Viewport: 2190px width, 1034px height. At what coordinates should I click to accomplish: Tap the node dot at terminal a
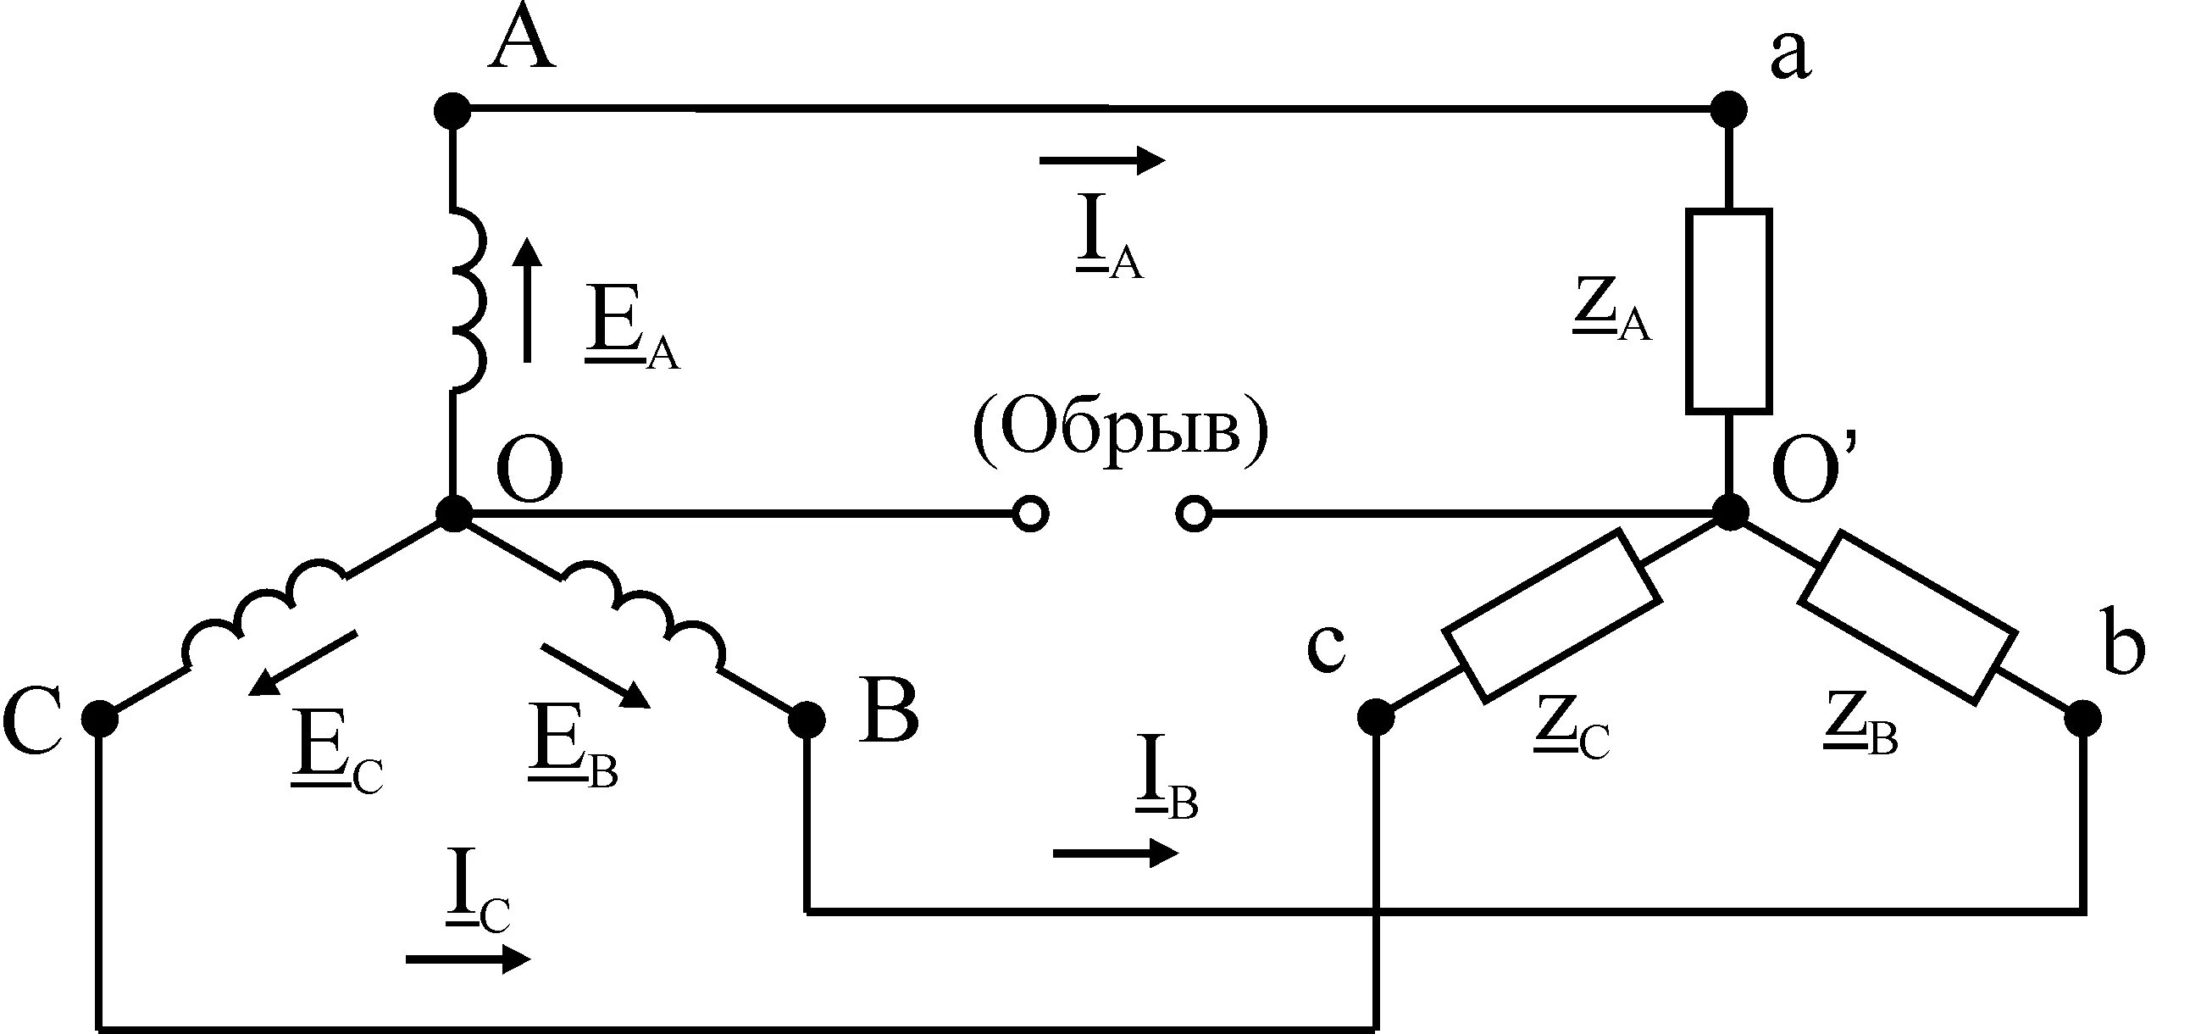(1728, 109)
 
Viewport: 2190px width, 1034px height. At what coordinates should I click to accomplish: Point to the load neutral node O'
(1729, 514)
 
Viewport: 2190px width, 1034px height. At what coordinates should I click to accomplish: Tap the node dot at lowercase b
(2082, 720)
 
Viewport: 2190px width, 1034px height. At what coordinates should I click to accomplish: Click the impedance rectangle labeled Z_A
(1729, 311)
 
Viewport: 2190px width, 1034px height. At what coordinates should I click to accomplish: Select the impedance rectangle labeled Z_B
(1907, 617)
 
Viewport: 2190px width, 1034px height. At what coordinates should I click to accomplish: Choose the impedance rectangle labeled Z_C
(1551, 615)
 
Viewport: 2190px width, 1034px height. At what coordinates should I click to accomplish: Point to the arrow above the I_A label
(1102, 159)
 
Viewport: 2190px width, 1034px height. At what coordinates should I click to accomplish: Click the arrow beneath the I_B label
(1116, 852)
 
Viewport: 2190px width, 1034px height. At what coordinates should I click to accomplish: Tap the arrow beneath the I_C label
(468, 959)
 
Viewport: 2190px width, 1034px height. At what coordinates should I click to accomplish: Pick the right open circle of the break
(1194, 514)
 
